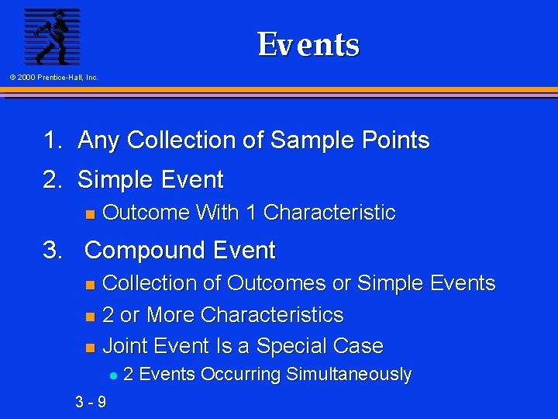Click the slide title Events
coord(308,44)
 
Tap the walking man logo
coord(51,36)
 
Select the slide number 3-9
coord(91,402)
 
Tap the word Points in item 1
coord(394,140)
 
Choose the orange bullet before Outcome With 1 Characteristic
coord(89,213)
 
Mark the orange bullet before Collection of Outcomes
coord(89,284)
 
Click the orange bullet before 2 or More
coord(89,316)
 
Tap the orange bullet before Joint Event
coord(89,347)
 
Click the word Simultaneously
coord(349,375)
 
